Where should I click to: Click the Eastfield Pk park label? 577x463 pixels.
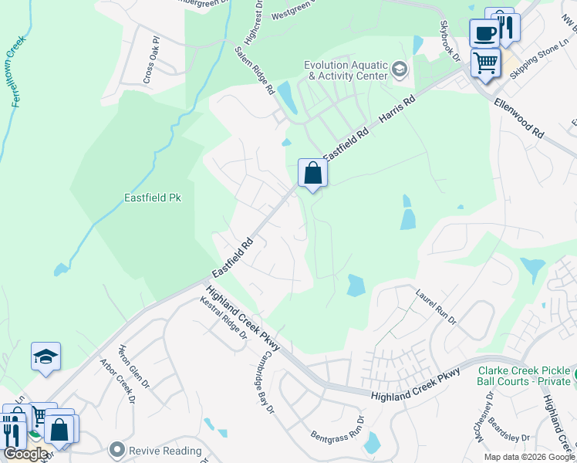pyautogui.click(x=152, y=198)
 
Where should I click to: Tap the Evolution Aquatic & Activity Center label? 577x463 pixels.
pyautogui.click(x=346, y=71)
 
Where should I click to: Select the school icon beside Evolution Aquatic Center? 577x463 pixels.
pyautogui.click(x=399, y=71)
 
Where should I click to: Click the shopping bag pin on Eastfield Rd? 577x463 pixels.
pyautogui.click(x=312, y=173)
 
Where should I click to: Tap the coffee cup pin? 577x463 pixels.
pyautogui.click(x=484, y=33)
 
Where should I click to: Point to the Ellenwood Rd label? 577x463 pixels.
pyautogui.click(x=518, y=117)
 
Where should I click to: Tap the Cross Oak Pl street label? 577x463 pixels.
pyautogui.click(x=150, y=59)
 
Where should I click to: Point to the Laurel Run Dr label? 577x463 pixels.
pyautogui.click(x=436, y=307)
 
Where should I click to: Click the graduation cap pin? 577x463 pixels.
pyautogui.click(x=46, y=357)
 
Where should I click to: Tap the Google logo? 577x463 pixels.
pyautogui.click(x=25, y=454)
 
